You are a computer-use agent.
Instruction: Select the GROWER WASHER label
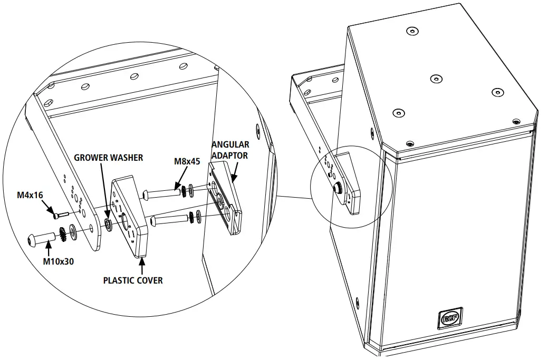108,158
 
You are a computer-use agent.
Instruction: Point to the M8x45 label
187,161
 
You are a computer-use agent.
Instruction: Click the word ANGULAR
230,144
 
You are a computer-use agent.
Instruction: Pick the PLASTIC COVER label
133,280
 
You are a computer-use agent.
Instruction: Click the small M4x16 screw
60,215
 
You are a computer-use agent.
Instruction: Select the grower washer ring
108,225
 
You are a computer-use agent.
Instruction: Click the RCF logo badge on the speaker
450,317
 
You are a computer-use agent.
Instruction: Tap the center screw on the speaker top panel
435,79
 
